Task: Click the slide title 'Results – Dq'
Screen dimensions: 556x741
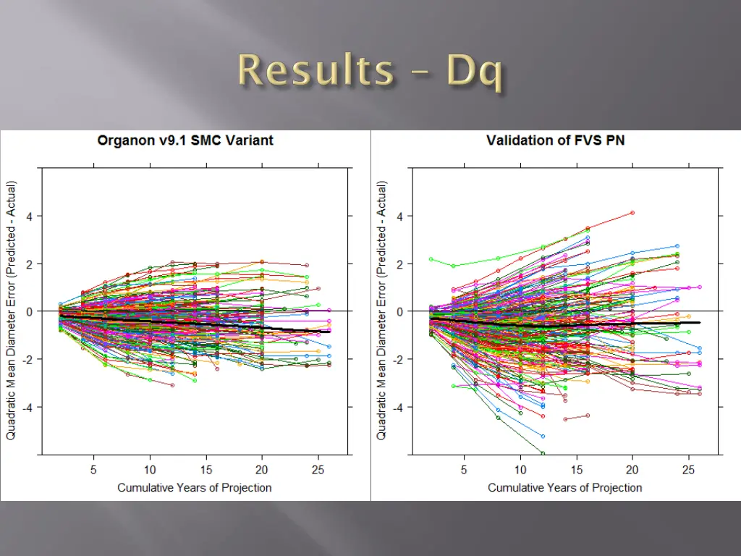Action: [x=370, y=72]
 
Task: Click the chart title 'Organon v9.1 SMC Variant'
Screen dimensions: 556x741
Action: [x=185, y=140]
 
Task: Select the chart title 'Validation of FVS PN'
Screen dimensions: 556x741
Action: [x=555, y=140]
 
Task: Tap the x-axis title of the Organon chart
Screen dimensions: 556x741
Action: [x=195, y=487]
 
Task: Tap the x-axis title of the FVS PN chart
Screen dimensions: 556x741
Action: [x=564, y=487]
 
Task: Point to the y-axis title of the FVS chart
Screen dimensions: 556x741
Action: [x=381, y=311]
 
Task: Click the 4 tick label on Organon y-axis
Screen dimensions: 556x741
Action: [x=28, y=216]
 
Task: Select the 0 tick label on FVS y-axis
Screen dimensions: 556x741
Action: [x=398, y=311]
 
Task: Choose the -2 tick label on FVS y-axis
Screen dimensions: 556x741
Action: [x=396, y=359]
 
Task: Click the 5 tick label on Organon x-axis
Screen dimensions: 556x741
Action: [x=93, y=469]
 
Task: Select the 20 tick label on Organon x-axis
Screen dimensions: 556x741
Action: [x=262, y=469]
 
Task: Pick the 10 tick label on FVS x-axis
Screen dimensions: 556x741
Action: [x=520, y=469]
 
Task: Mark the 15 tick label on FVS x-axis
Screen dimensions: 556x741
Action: [x=576, y=469]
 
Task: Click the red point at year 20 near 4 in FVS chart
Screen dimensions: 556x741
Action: [x=632, y=213]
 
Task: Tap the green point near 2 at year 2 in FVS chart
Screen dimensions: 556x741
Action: [x=431, y=259]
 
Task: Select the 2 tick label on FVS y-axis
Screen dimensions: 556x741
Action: [x=398, y=264]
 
